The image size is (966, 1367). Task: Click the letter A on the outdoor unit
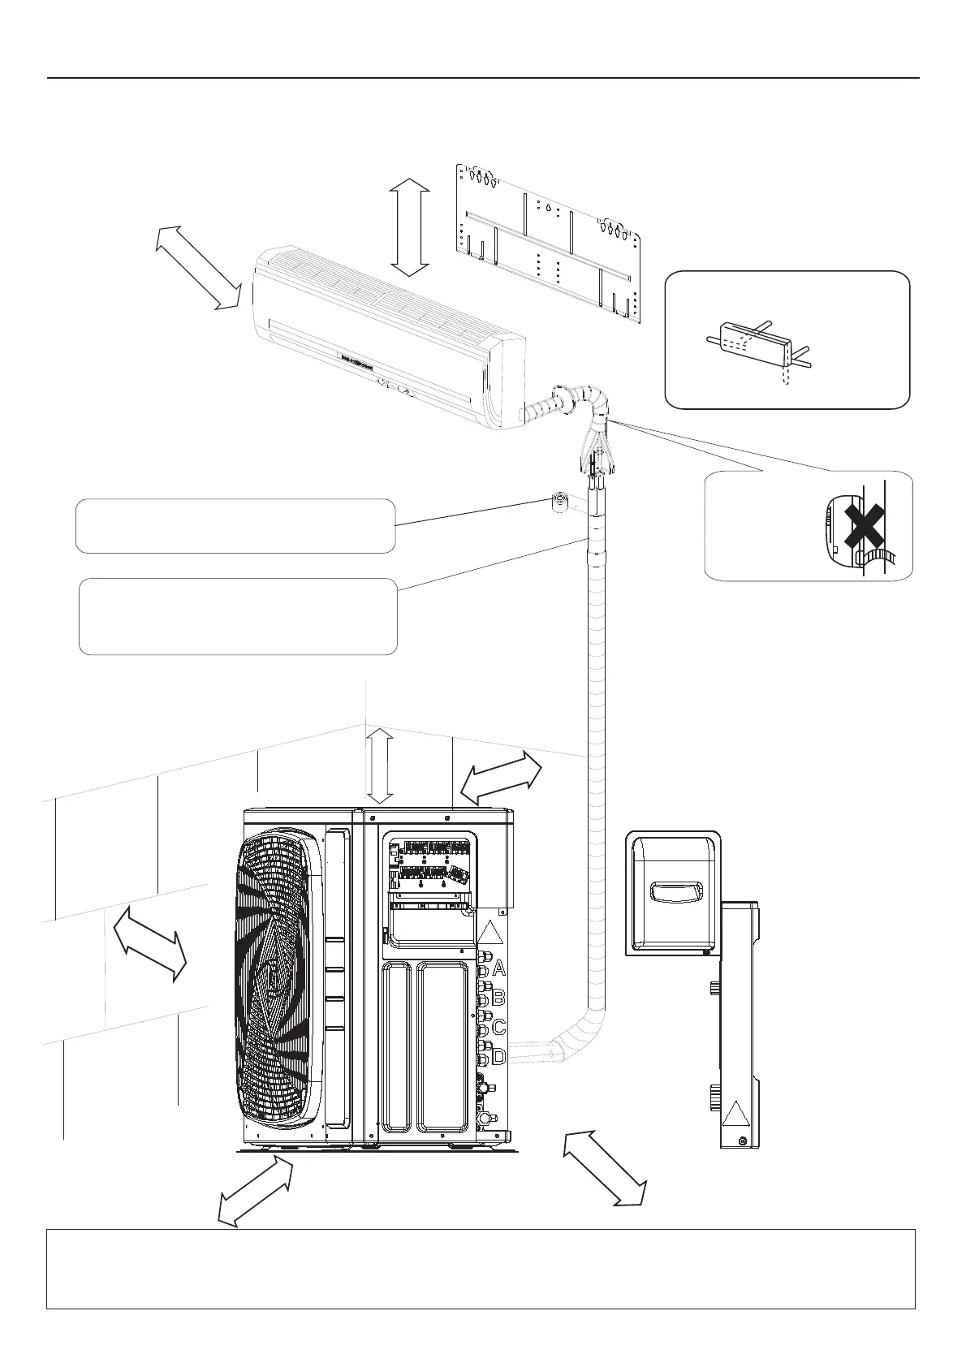pos(498,968)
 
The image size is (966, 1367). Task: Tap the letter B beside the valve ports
pos(498,997)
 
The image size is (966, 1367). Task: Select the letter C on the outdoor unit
pos(498,1026)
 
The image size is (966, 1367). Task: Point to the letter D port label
pos(498,1057)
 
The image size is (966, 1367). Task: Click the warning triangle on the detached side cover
pos(735,1114)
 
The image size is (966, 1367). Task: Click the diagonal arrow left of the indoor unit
pos(199,267)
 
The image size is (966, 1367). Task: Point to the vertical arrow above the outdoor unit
pos(380,766)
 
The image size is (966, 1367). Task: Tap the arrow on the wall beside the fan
pos(150,944)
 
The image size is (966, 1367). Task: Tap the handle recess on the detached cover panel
pos(674,894)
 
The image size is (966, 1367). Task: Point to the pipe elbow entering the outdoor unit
pos(568,1043)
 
